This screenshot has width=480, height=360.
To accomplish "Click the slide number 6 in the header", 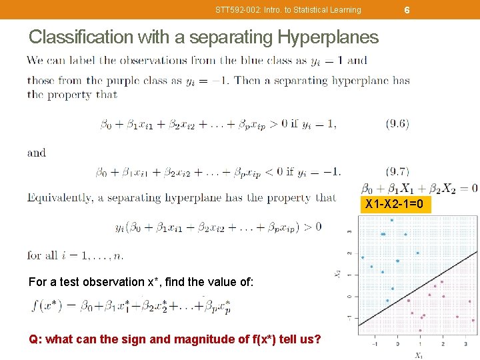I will (x=407, y=9).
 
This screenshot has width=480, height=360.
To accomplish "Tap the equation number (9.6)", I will (x=397, y=123).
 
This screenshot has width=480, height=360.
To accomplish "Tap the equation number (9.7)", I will (x=397, y=171).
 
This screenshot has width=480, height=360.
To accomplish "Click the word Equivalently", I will (x=59, y=197).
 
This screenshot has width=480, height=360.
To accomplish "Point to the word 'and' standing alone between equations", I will (x=37, y=153).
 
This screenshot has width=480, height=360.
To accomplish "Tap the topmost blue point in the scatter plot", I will (x=392, y=220).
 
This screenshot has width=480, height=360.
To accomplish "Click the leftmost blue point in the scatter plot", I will (x=363, y=257).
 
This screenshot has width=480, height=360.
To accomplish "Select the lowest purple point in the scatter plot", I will (x=420, y=330).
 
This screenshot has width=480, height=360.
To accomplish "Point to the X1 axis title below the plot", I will (x=418, y=355).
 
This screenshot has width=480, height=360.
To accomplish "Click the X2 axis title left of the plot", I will (x=337, y=274).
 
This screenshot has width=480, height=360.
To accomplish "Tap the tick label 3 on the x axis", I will (x=465, y=344).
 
